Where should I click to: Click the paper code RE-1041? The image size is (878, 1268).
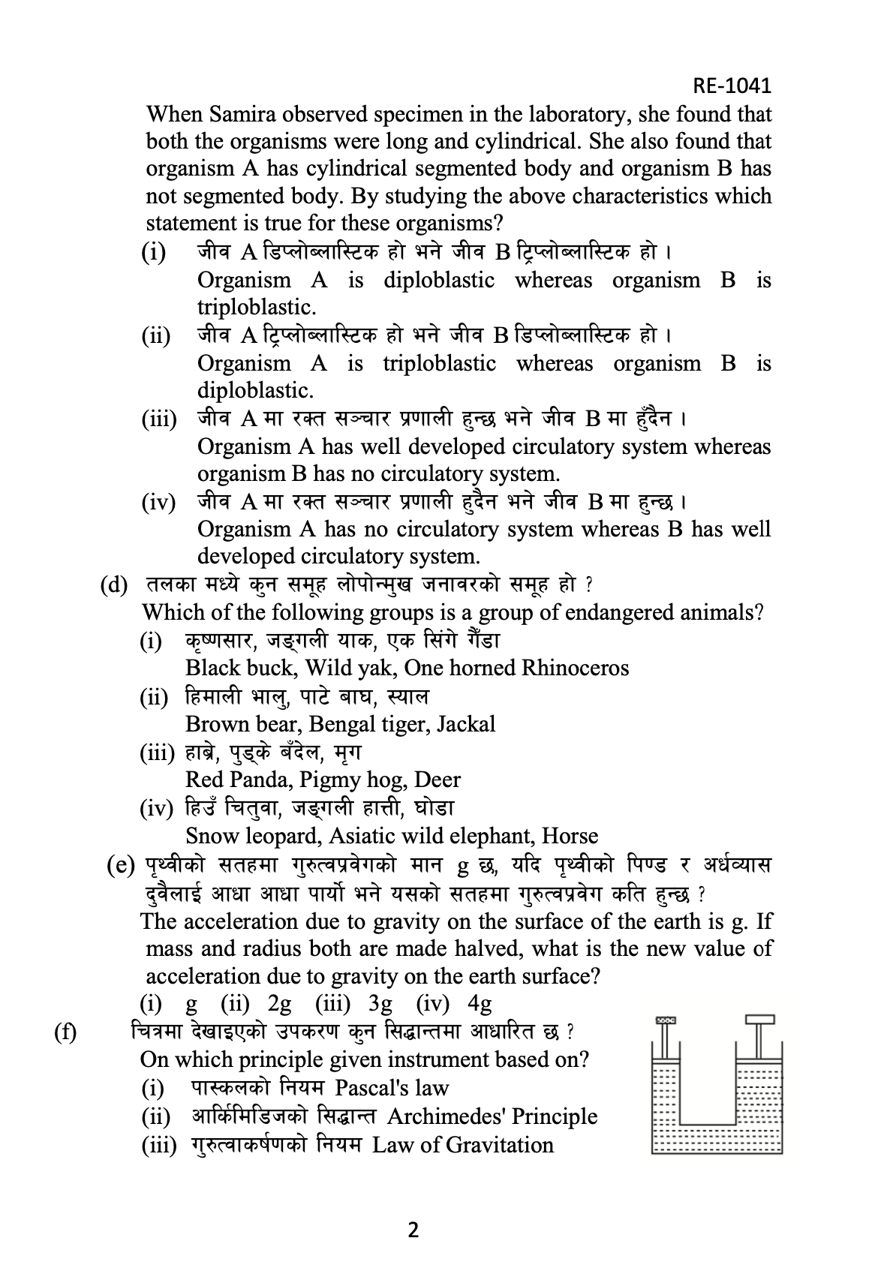coord(732,86)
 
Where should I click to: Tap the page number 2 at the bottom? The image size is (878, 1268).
coord(412,1230)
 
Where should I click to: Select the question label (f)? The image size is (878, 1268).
coord(65,1032)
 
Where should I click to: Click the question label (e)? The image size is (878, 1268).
coord(121,866)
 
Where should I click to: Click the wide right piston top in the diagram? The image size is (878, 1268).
coord(760,1020)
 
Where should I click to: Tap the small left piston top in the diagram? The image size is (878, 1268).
coord(666,1021)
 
